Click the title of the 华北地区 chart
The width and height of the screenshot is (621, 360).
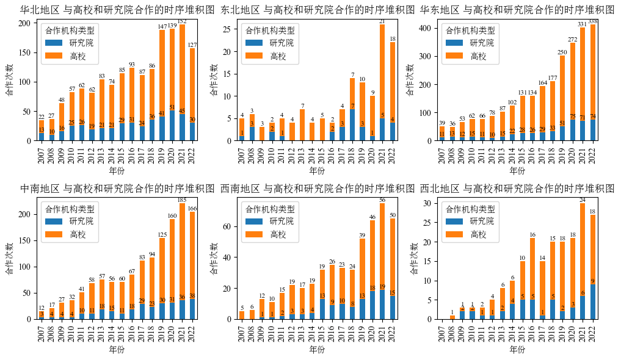click(x=118, y=10)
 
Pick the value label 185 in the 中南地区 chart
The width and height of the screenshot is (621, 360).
click(x=182, y=200)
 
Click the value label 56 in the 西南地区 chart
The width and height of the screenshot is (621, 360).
click(x=382, y=200)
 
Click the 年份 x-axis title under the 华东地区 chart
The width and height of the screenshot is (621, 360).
click(x=517, y=171)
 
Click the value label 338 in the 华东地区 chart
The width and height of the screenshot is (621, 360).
click(x=592, y=21)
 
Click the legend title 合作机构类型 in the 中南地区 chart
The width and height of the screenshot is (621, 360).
click(x=67, y=208)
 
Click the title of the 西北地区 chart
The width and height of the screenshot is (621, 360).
click(x=517, y=188)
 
